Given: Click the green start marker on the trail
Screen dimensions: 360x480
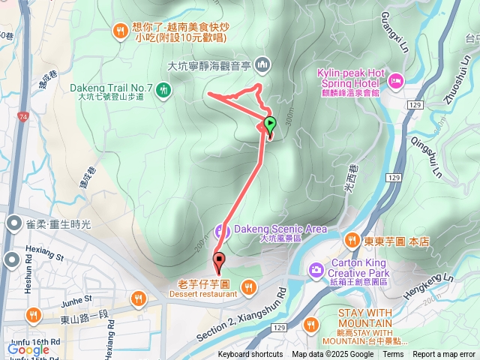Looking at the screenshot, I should [270, 124].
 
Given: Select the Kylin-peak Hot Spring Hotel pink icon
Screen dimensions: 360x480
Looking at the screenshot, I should [396, 79].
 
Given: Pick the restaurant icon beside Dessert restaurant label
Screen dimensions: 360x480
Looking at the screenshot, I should [247, 285].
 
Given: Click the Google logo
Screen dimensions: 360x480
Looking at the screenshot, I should [28, 349].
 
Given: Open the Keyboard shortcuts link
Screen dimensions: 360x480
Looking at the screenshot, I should [250, 355].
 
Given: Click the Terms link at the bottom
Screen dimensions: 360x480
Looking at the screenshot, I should [393, 355].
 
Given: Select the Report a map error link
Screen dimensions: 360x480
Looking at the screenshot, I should [445, 355].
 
